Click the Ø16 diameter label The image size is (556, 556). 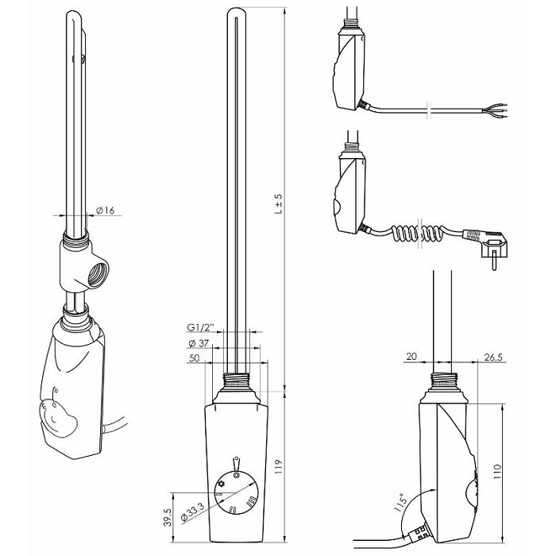click(106, 210)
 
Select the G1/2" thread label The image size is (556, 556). click(201, 327)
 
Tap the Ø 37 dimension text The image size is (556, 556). click(199, 343)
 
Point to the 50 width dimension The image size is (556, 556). click(194, 358)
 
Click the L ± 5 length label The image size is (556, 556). click(279, 203)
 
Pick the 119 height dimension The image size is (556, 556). click(279, 467)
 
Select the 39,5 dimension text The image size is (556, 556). click(168, 517)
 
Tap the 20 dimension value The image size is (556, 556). click(411, 356)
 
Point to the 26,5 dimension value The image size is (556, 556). click(493, 357)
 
